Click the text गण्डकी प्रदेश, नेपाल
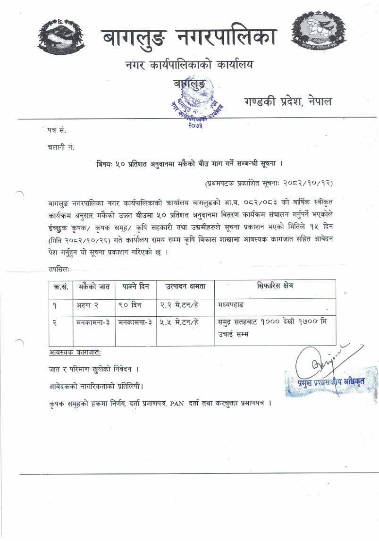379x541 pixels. tap(287, 101)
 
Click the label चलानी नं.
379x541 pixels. tap(61, 146)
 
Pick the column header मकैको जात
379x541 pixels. tap(93, 287)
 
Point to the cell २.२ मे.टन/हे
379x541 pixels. tap(179, 305)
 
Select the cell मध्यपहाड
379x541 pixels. tap(231, 305)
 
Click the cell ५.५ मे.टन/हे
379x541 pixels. tap(179, 323)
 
